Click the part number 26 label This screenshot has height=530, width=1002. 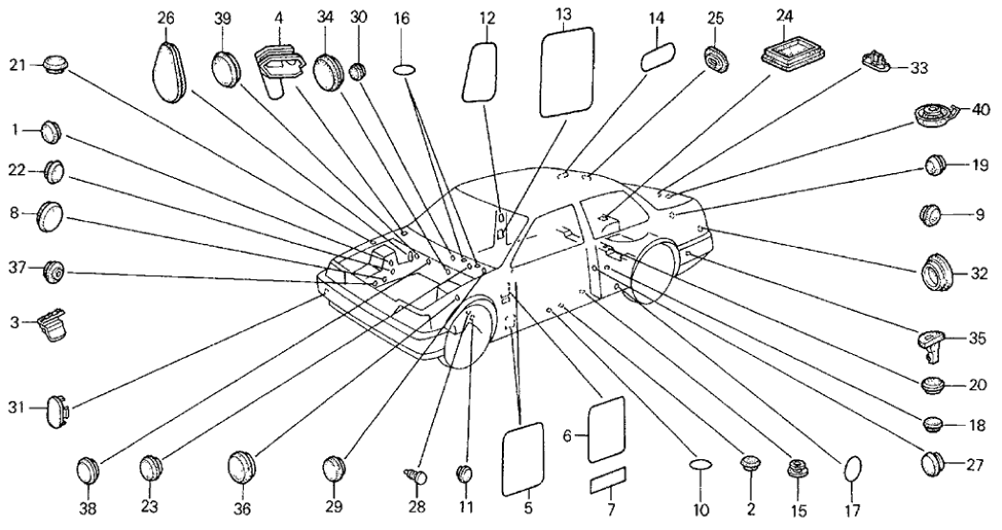pyautogui.click(x=166, y=18)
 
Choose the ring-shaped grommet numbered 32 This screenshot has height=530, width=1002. pyautogui.click(x=941, y=273)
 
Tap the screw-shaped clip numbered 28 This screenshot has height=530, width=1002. pyautogui.click(x=417, y=474)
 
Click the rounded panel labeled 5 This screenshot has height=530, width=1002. pyautogui.click(x=523, y=462)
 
